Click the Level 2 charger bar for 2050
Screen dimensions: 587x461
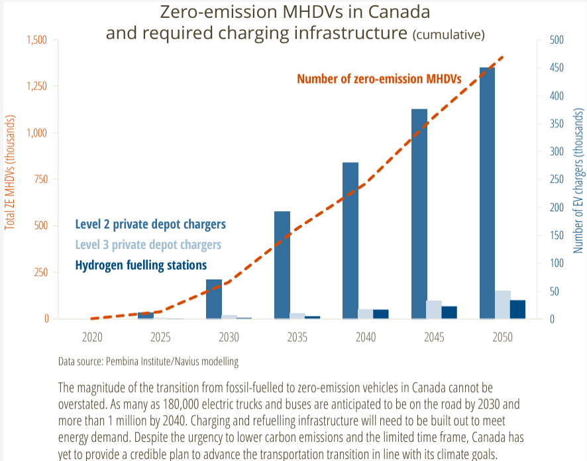click(487, 193)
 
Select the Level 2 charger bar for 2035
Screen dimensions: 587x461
click(282, 265)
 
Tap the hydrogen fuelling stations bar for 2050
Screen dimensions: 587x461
click(517, 309)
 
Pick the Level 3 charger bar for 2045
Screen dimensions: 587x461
click(434, 309)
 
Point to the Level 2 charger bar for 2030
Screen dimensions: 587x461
click(214, 299)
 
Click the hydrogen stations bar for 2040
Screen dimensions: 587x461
click(381, 314)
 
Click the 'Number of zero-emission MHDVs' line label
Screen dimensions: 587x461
click(379, 79)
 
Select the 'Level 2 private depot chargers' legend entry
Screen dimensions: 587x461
click(150, 224)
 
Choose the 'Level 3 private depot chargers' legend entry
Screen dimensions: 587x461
click(148, 244)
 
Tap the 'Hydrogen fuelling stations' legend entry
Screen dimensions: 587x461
click(140, 265)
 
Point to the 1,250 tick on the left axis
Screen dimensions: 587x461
click(36, 86)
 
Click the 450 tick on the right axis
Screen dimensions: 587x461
click(557, 68)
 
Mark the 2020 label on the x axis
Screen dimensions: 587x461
click(92, 337)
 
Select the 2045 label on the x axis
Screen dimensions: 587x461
click(434, 337)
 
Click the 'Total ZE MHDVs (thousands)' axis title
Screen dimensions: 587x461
click(10, 172)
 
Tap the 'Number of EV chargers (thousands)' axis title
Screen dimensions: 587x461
click(578, 181)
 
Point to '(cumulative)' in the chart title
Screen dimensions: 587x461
click(449, 34)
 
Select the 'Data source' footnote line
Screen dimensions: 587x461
click(148, 362)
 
